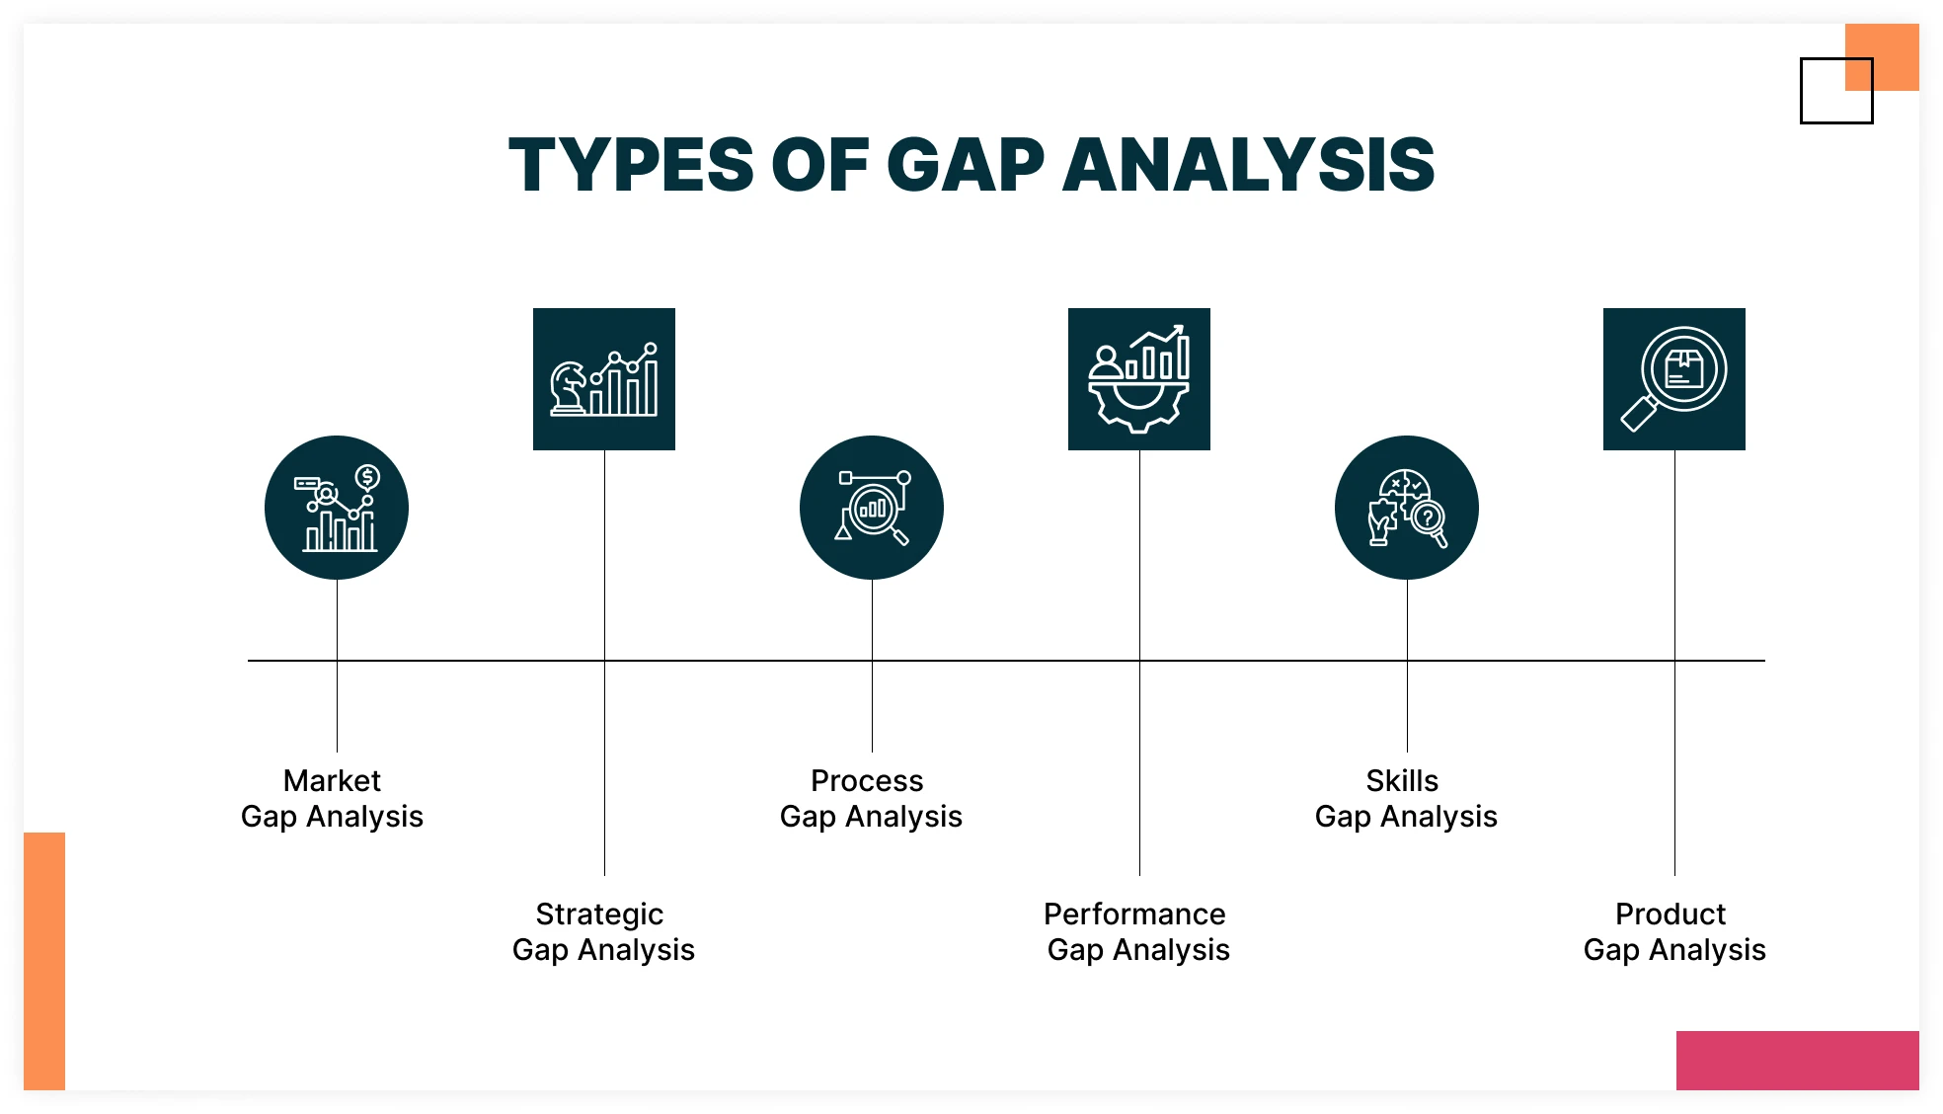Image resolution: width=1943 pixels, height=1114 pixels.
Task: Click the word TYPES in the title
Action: [631, 165]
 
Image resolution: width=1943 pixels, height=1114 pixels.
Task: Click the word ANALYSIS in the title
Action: [1249, 165]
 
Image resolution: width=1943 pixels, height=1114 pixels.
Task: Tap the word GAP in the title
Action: [966, 165]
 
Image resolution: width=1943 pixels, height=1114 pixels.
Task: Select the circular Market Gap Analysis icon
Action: [337, 508]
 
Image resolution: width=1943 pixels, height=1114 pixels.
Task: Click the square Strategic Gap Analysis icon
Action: [604, 379]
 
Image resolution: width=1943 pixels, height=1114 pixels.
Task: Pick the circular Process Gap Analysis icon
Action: [872, 508]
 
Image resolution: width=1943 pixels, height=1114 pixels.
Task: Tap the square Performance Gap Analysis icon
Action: [1139, 379]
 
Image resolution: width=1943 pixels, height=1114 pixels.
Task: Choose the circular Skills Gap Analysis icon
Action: [1407, 508]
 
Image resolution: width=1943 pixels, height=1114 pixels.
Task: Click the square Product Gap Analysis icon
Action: [1674, 379]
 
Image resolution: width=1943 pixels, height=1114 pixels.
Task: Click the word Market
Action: [332, 780]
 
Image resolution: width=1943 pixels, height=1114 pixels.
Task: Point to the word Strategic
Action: [599, 915]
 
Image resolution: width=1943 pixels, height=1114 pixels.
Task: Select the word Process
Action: [867, 780]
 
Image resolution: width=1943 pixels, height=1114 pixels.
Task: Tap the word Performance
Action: [1134, 914]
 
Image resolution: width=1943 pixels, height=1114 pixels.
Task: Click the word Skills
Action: [1402, 780]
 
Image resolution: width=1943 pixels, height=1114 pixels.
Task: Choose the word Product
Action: [1671, 914]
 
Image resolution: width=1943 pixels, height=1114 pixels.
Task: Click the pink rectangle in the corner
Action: [1798, 1061]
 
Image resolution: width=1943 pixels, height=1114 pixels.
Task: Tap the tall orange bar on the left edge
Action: [44, 961]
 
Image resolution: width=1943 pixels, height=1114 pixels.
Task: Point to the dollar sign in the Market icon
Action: [367, 478]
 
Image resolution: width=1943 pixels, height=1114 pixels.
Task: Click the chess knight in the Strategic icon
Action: [569, 387]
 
